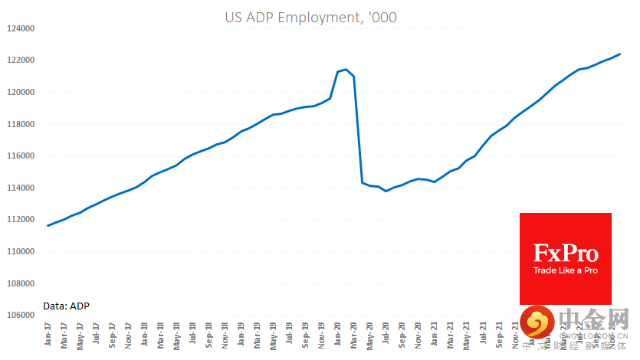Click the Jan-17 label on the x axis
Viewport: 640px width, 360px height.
coord(48,335)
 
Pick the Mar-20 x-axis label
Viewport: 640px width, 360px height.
coord(354,335)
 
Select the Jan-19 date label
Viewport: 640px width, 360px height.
coord(241,335)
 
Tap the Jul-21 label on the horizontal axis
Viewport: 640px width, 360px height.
coord(483,335)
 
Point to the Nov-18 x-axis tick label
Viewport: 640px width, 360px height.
coord(225,335)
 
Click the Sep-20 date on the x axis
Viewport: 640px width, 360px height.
coord(402,335)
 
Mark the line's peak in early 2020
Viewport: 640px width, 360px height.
coord(346,70)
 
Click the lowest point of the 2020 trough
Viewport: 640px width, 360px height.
coord(386,191)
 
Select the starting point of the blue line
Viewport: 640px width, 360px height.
coord(48,225)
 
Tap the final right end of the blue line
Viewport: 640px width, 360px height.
coord(619,54)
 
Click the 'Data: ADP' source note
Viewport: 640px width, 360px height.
coord(66,306)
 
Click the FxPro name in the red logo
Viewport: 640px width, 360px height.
coord(566,253)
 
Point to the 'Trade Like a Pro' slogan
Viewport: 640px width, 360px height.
coord(566,270)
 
